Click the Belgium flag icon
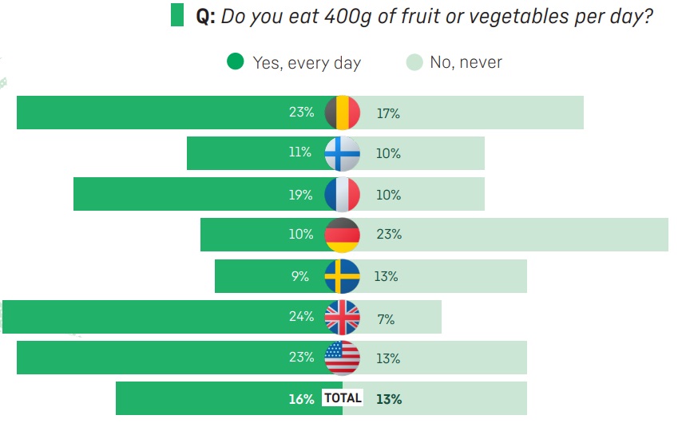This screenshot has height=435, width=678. (x=343, y=113)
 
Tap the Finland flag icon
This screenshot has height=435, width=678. (x=343, y=153)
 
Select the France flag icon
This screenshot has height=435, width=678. (x=343, y=194)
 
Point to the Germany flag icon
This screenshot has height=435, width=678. (x=343, y=235)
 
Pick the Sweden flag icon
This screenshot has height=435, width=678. (x=343, y=276)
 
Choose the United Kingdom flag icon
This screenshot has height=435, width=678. (x=343, y=317)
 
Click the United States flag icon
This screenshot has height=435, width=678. (x=343, y=358)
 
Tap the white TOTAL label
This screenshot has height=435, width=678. (x=343, y=397)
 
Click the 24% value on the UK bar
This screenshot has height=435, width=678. (x=301, y=316)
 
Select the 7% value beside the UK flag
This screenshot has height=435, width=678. (x=386, y=319)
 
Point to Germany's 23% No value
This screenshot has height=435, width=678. (x=389, y=234)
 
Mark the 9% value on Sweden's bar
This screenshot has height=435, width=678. (x=300, y=276)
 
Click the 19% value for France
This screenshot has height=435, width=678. (x=300, y=195)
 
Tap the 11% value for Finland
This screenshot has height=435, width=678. (x=300, y=152)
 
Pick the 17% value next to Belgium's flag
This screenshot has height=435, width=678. (x=388, y=113)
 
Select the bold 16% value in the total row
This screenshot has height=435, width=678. (x=301, y=399)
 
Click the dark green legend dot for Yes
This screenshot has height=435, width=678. (x=236, y=61)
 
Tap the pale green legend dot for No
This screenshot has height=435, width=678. (x=414, y=62)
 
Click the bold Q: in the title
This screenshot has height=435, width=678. (x=205, y=17)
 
